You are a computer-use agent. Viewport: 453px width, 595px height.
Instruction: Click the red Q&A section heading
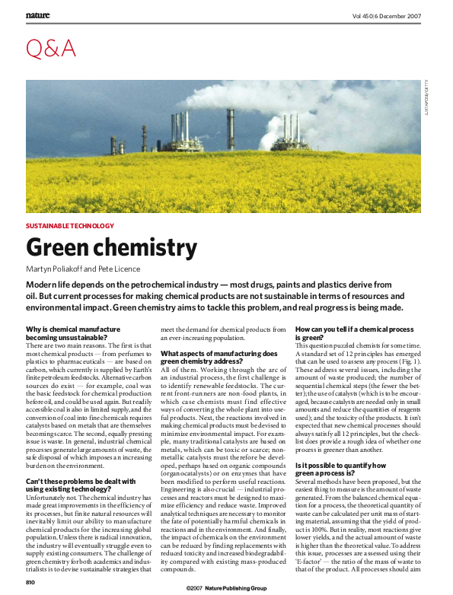[51, 49]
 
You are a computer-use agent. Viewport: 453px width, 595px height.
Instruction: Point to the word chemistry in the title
[152, 249]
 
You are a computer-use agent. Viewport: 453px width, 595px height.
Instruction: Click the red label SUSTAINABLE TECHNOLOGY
[70, 227]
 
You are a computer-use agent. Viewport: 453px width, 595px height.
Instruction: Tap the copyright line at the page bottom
[227, 587]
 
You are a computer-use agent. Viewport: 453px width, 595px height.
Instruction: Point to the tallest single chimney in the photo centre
[230, 129]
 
